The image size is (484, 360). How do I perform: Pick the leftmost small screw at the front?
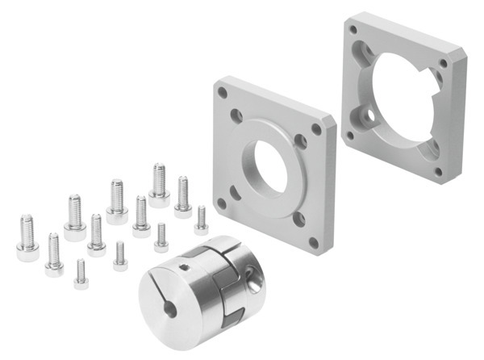81,274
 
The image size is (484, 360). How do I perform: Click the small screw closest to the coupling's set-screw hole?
161,237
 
